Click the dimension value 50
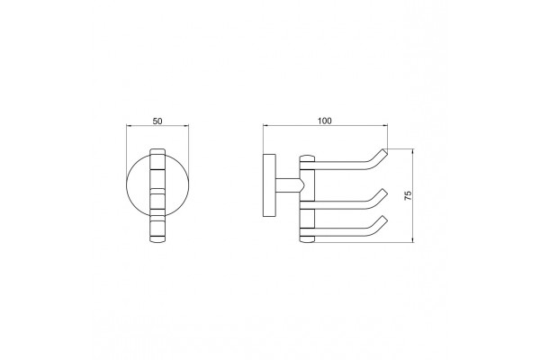pyautogui.click(x=157, y=121)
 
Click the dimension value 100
pyautogui.click(x=325, y=121)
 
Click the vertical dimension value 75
pyautogui.click(x=408, y=195)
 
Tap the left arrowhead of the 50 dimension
pyautogui.click(x=129, y=126)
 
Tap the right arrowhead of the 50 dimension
pyautogui.click(x=186, y=126)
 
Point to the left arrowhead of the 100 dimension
pyautogui.click(x=265, y=126)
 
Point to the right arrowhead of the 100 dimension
pyautogui.click(x=385, y=126)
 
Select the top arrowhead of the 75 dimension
pyautogui.click(x=414, y=151)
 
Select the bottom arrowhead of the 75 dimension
pyautogui.click(x=414, y=239)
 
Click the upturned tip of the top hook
pyautogui.click(x=385, y=151)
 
